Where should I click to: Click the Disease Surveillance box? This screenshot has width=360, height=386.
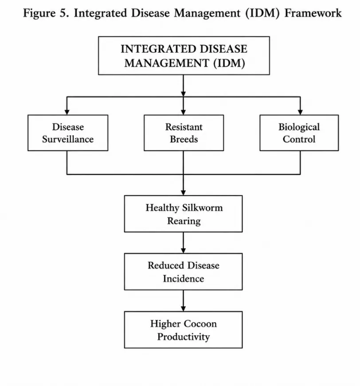click(x=68, y=133)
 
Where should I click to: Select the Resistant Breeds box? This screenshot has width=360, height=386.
click(x=184, y=133)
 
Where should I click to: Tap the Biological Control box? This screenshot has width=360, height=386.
click(x=299, y=133)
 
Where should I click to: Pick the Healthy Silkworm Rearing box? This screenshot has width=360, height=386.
click(x=183, y=214)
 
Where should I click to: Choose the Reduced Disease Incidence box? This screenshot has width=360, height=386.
click(x=183, y=272)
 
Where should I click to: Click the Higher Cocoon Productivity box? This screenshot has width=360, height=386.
click(x=183, y=330)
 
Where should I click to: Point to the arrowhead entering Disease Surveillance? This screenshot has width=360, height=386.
click(x=67, y=112)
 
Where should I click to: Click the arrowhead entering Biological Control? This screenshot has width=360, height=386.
click(x=300, y=112)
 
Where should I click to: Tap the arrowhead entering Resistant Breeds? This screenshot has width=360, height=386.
click(x=183, y=112)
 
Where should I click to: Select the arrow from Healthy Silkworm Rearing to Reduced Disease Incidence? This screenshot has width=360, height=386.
click(x=183, y=243)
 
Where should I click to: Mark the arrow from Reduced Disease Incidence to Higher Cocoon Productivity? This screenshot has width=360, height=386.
click(x=183, y=300)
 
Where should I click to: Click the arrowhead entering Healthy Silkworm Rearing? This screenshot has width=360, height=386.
click(x=183, y=193)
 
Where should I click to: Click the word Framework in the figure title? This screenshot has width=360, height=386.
click(x=313, y=13)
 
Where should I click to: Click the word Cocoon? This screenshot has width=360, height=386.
click(x=200, y=324)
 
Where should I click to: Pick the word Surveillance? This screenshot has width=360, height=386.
click(x=68, y=139)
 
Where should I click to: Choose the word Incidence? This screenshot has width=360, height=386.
click(x=184, y=278)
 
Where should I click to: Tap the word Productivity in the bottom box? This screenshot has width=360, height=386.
click(x=184, y=336)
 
